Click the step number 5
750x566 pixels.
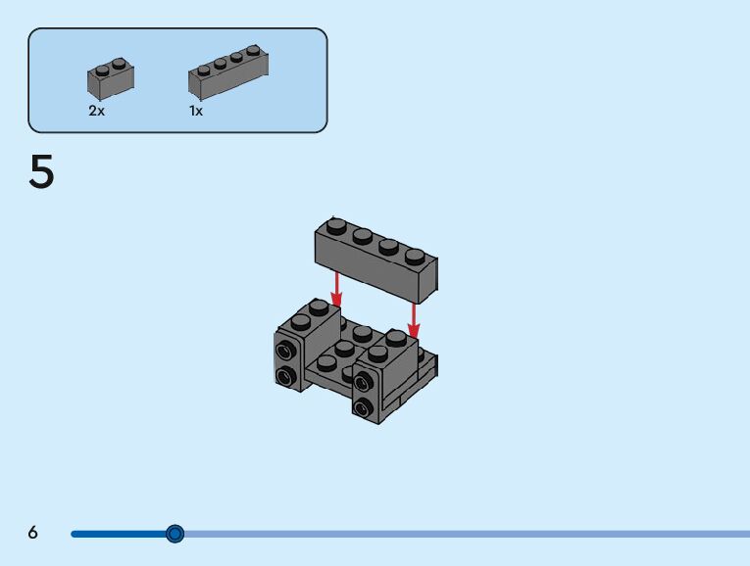[41, 173]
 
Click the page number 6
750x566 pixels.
[33, 533]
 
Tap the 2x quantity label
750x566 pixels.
[96, 112]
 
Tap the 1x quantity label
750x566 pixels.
[196, 112]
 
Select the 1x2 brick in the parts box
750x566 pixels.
[111, 78]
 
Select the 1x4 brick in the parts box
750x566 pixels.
[227, 72]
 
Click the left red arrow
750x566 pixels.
[336, 288]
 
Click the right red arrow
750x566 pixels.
[414, 317]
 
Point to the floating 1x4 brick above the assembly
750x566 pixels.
[375, 259]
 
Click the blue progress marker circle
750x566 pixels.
[175, 533]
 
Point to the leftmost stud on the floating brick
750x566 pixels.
[337, 226]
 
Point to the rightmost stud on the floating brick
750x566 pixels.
[415, 258]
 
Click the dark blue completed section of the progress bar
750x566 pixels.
[118, 534]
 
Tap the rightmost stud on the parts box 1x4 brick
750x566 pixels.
[253, 50]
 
